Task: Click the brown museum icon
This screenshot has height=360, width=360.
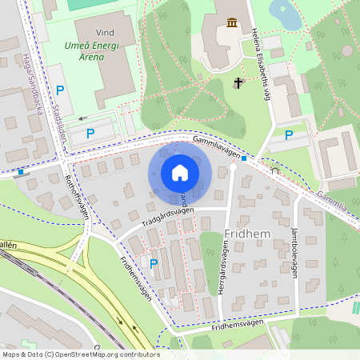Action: [232, 22]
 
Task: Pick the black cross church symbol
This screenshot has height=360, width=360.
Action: [238, 82]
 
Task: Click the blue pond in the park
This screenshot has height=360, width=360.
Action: [283, 11]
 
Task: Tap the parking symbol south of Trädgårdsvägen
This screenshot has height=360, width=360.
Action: [154, 262]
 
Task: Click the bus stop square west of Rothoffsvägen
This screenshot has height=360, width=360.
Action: [21, 170]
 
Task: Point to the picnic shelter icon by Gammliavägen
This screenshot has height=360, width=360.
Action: [274, 170]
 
